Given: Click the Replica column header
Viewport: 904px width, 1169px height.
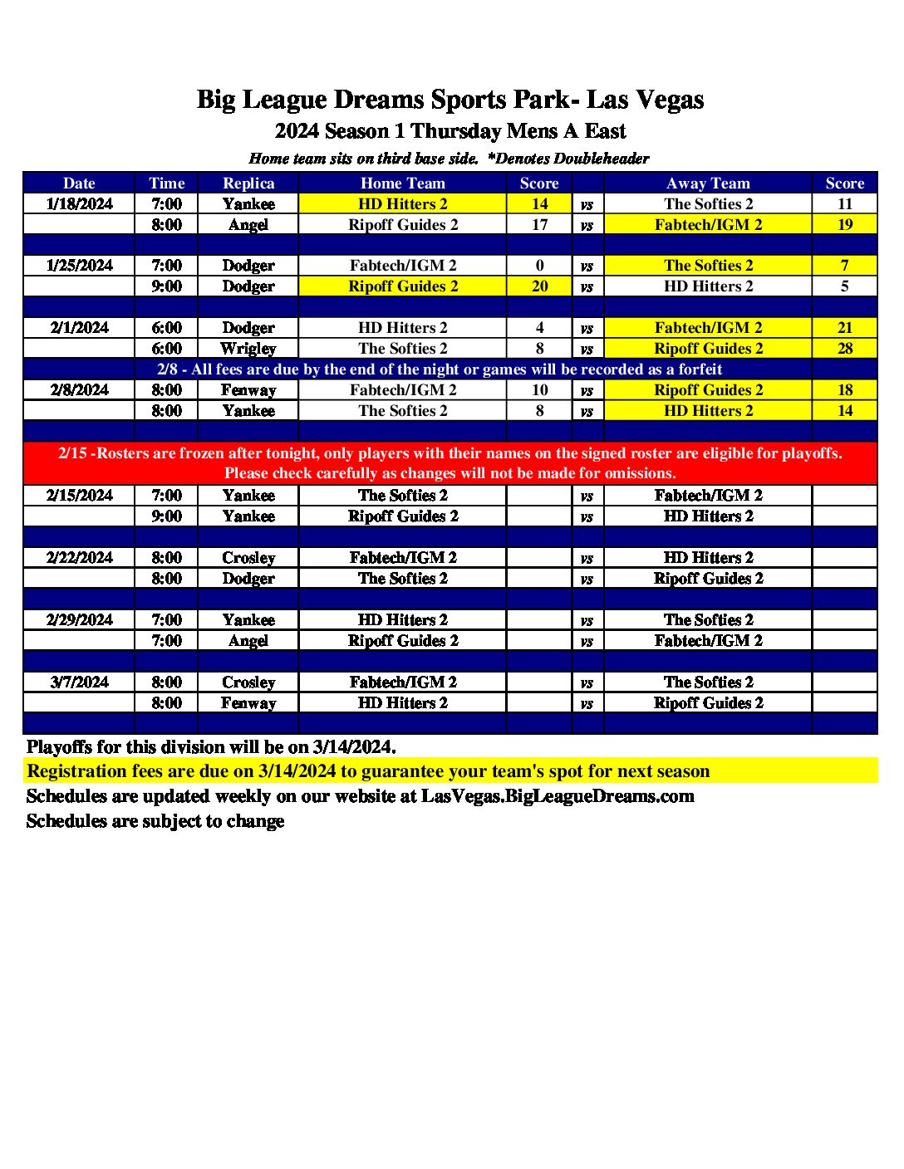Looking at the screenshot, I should point(248,183).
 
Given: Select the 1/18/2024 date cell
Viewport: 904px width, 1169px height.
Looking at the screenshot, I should point(79,204).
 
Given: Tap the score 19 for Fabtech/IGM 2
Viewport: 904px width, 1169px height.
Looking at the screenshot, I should point(844,225).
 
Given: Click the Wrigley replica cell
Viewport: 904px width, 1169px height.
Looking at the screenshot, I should point(248,349).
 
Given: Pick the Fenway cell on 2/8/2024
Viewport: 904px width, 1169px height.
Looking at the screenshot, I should point(248,390).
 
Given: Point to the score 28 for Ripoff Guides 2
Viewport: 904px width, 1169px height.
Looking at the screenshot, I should point(844,349).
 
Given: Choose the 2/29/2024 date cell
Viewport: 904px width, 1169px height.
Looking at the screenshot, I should point(79,620).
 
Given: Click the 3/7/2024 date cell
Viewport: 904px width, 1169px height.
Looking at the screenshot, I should point(79,682).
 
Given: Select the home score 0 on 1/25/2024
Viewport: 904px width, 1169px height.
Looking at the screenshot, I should point(539,266).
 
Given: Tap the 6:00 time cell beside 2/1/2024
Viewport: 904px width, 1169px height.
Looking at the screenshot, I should point(166,328).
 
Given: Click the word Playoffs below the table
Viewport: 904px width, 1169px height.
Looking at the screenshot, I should point(59,746).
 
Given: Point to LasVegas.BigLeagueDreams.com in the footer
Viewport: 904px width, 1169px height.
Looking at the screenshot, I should point(558,796).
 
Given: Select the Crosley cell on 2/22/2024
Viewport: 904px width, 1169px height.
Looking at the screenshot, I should point(248,558).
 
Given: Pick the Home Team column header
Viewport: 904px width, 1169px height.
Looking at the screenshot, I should point(402,183).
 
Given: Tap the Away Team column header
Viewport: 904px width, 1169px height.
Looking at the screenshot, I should point(708,183).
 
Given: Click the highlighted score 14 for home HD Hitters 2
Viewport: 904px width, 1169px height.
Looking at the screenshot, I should point(539,204).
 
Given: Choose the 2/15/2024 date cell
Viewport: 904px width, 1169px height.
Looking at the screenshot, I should point(79,496).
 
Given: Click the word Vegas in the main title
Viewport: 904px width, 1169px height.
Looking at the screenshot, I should point(669,100).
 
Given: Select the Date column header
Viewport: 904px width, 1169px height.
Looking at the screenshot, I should point(79,183).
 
